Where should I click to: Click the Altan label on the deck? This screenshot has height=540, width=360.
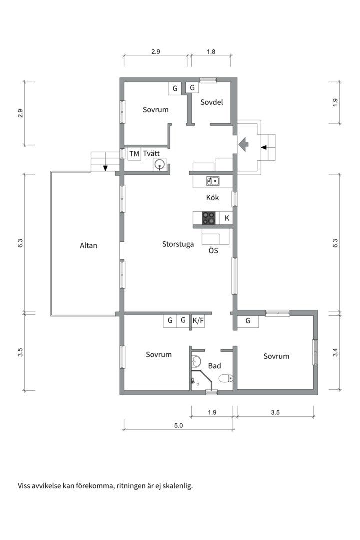tap(88, 245)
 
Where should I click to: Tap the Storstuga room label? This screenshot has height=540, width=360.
tap(178, 244)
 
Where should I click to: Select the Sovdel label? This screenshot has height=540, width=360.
tap(212, 102)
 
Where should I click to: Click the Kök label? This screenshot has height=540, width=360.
tap(212, 197)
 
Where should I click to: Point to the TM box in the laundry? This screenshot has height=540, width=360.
tap(134, 153)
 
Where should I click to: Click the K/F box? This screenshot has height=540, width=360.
tap(198, 321)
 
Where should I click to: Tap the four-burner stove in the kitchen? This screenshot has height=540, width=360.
tap(209, 218)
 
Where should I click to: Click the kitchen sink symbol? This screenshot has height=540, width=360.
tap(213, 181)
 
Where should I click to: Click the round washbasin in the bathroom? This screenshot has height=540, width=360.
tap(196, 362)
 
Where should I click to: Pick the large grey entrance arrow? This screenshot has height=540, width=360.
tap(243, 144)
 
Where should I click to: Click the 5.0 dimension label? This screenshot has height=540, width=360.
tap(178, 425)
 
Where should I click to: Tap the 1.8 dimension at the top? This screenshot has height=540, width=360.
tap(211, 52)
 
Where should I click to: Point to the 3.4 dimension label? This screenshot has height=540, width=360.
tap(335, 352)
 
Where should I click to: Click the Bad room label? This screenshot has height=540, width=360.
tap(214, 366)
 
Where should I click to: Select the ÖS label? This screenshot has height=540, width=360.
tap(213, 250)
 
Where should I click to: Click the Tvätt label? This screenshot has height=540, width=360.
tap(151, 153)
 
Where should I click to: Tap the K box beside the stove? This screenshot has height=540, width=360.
tap(226, 218)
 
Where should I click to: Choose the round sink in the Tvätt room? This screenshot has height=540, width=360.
tap(160, 164)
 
